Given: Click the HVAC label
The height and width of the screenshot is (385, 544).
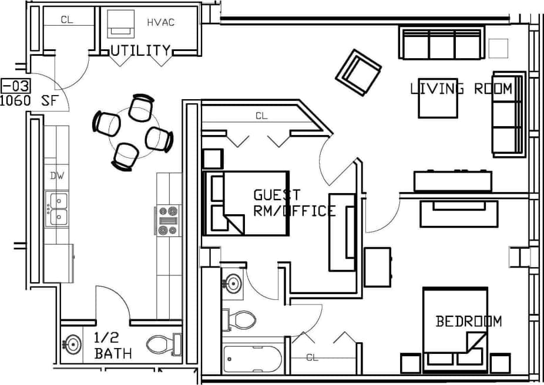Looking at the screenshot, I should tap(160, 23).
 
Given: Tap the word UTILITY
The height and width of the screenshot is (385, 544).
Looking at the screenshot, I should tap(141, 50).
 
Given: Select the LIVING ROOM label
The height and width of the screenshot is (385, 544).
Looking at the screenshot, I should tap(461, 89).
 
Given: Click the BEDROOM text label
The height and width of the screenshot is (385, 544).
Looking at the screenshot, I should tap(469, 321).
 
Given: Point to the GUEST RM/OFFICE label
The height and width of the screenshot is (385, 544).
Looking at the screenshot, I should tap(294, 203).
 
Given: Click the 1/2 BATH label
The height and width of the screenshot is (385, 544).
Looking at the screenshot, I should tap(113, 346).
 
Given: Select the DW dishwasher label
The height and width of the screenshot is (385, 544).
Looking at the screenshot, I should tap(56, 175).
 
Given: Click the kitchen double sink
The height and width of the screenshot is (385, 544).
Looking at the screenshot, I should tap(58, 209).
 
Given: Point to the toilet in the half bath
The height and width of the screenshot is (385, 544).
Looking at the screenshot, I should tap(161, 344).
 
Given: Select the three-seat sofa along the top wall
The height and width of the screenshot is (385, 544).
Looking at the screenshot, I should tap(442, 43).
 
